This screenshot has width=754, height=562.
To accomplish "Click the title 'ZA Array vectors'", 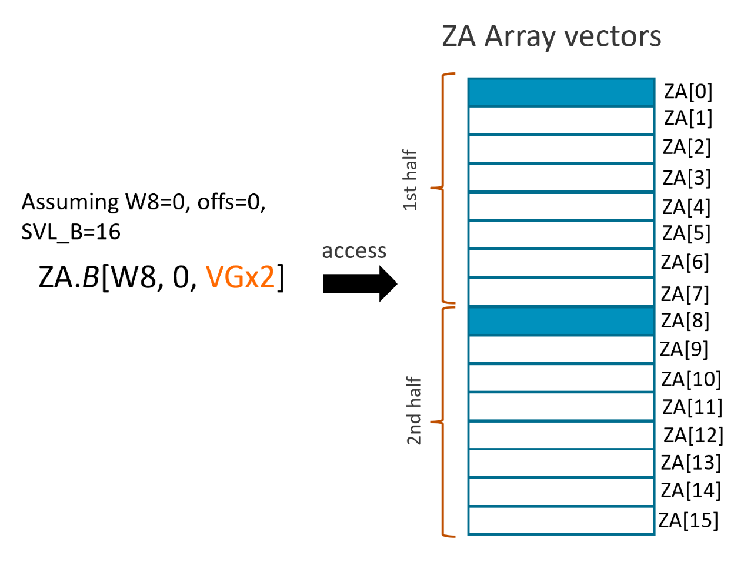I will click(551, 36).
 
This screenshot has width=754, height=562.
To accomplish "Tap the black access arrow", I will click(360, 283).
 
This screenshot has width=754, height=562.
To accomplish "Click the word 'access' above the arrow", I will click(354, 251).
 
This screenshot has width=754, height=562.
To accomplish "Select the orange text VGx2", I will click(241, 277).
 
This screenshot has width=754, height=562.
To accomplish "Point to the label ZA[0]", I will click(688, 92).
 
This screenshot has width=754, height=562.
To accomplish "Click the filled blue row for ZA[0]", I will click(561, 92).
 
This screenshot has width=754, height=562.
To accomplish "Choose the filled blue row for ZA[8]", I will click(561, 321).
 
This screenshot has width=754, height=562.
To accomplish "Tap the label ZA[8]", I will click(685, 321).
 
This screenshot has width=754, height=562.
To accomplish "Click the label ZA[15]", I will click(688, 520).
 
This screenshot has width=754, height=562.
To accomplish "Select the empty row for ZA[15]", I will click(561, 521).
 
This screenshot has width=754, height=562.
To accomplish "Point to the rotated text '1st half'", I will click(411, 180).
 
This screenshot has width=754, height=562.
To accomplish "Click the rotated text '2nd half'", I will click(414, 411).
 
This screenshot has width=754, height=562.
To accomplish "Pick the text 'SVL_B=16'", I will click(71, 232).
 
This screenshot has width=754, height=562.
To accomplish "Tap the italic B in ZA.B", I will click(90, 277).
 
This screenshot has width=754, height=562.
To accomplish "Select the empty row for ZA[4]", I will click(561, 206).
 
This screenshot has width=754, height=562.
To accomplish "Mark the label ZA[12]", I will click(693, 436).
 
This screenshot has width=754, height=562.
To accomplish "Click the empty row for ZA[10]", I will click(561, 378).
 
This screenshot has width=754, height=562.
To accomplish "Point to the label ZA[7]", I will click(685, 294).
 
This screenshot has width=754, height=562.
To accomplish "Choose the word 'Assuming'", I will click(70, 202).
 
